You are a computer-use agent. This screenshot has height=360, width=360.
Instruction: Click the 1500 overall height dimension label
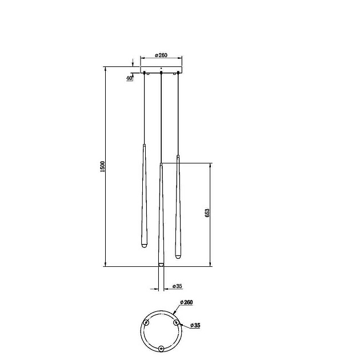(x=102, y=166)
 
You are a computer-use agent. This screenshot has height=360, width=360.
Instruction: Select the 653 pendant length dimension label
(x=207, y=213)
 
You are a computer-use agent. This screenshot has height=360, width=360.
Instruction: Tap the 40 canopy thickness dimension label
(x=129, y=78)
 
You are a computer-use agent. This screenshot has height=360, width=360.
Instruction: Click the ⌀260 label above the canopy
(x=161, y=55)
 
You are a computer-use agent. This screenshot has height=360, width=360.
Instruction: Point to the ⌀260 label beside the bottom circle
(x=186, y=302)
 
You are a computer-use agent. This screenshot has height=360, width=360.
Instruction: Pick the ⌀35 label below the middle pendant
(x=177, y=286)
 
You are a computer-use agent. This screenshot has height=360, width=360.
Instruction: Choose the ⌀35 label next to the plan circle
(x=195, y=325)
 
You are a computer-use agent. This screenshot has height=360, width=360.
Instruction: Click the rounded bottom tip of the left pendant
(x=144, y=246)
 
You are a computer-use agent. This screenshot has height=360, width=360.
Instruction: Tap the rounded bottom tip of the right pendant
(x=178, y=256)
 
